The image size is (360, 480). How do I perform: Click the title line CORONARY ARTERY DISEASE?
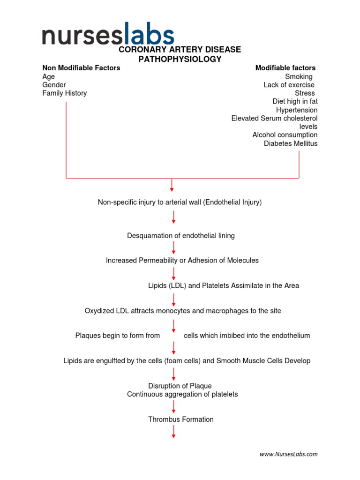tap(180, 50)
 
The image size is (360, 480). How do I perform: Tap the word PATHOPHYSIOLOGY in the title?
tap(180, 60)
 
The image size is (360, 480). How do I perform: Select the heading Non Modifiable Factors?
tap(81, 68)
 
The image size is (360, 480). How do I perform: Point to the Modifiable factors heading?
tap(285, 68)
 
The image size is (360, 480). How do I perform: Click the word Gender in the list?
tap(54, 85)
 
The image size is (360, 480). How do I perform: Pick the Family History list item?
tap(65, 93)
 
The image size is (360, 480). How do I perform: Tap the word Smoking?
tap(299, 76)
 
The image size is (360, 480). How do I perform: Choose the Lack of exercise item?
tap(289, 85)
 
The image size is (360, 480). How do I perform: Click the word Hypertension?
tap(297, 110)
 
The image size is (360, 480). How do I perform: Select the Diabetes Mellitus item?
tap(291, 143)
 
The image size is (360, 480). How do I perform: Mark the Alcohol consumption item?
tap(285, 135)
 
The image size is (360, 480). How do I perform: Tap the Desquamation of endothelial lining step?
tap(181, 236)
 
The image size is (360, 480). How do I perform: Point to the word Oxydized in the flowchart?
tap(99, 311)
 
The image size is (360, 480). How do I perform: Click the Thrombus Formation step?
tap(181, 420)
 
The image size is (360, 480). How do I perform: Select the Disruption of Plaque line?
tap(180, 386)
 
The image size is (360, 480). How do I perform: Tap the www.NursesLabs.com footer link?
tap(289, 454)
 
